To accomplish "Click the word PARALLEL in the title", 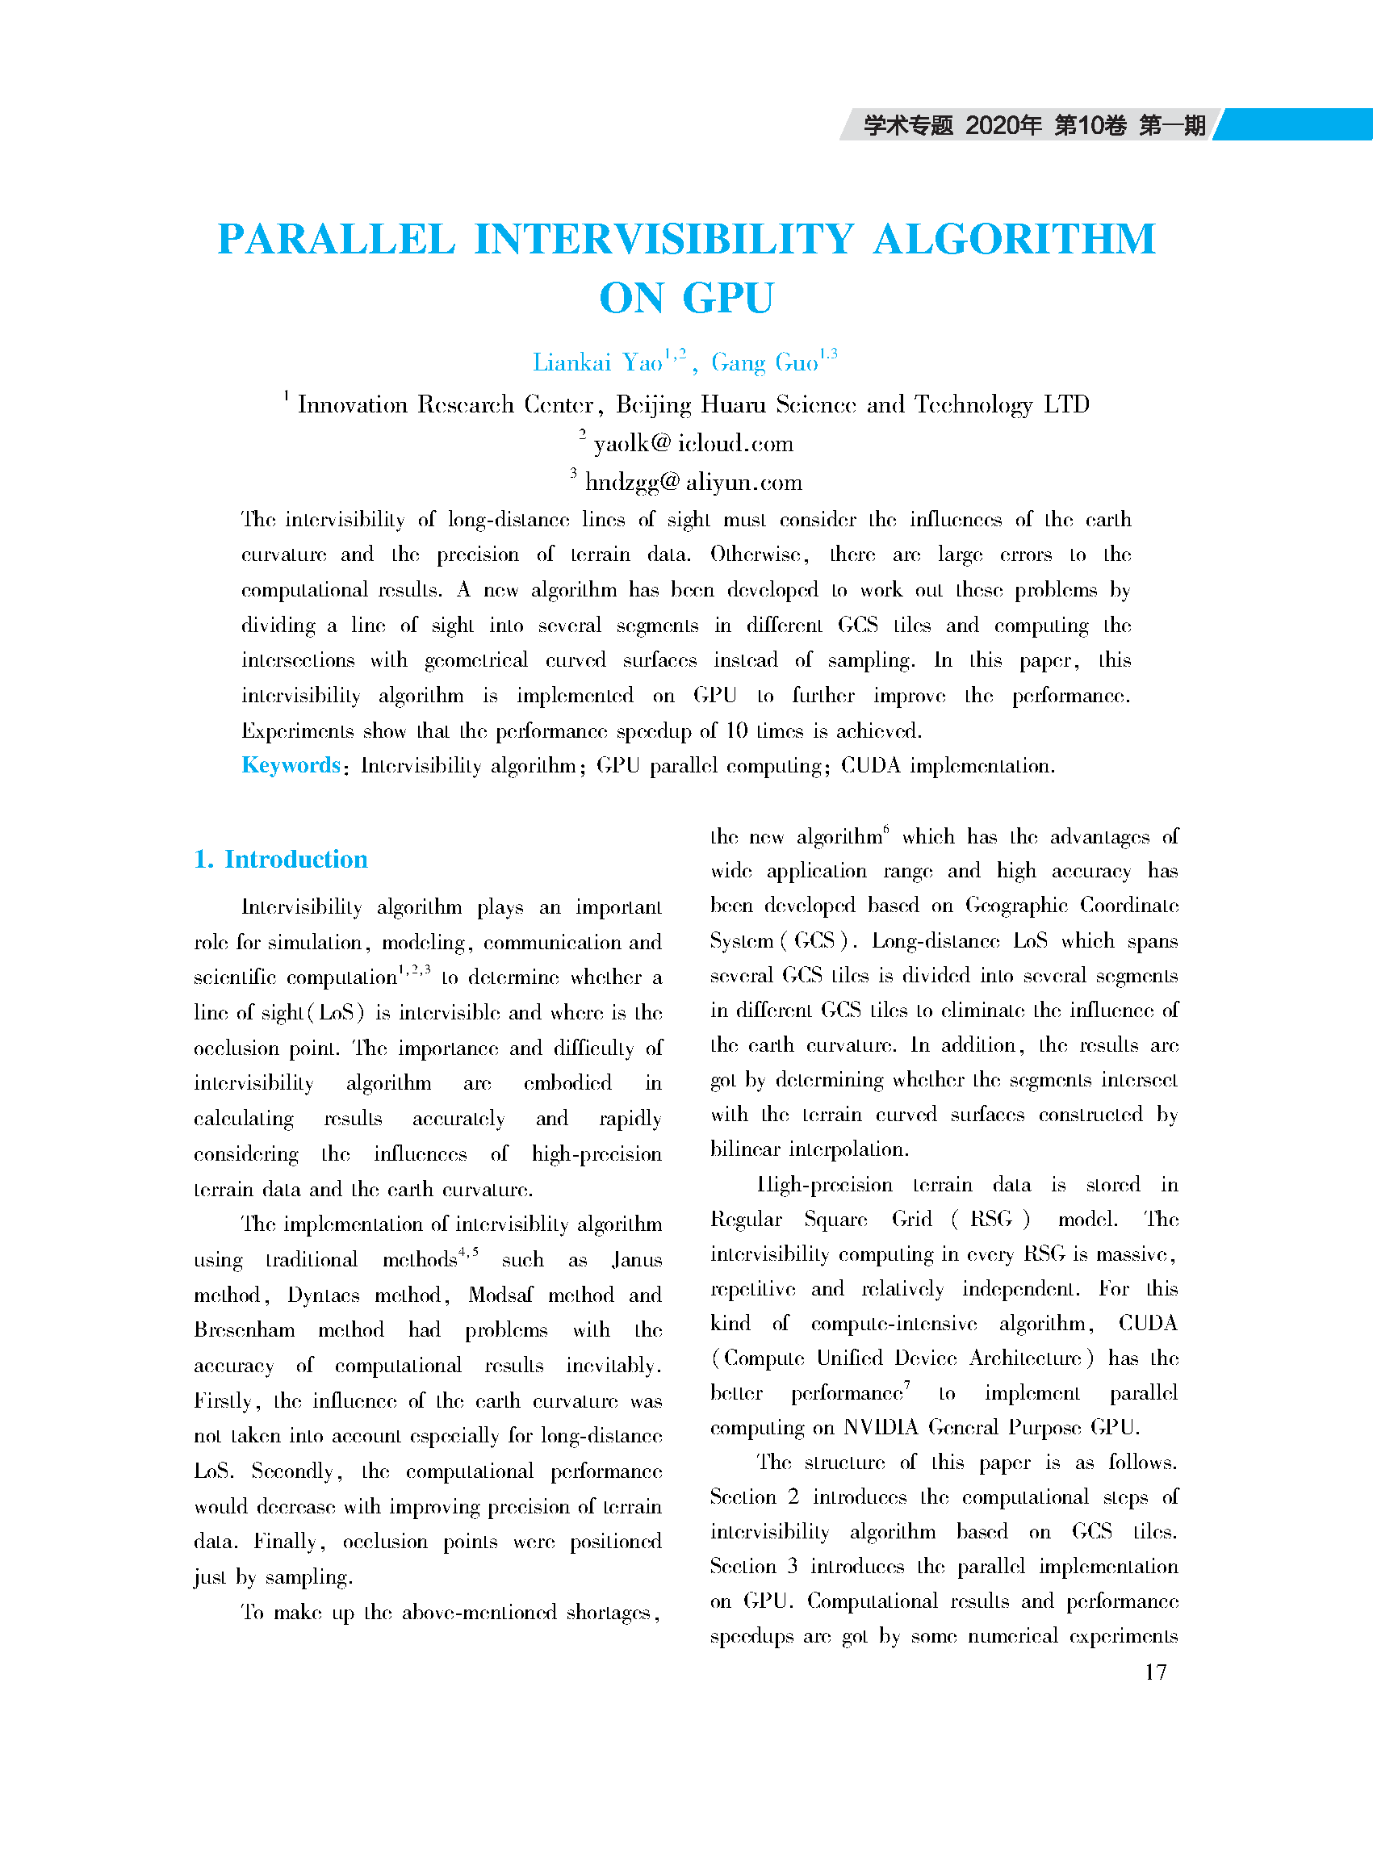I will pyautogui.click(x=336, y=240).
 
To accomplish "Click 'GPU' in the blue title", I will pyautogui.click(x=728, y=299).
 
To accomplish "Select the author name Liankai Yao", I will pyautogui.click(x=597, y=362).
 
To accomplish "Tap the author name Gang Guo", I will pyautogui.click(x=764, y=362).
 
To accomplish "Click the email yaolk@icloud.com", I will pyautogui.click(x=693, y=444).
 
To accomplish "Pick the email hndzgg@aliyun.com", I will pyautogui.click(x=693, y=483).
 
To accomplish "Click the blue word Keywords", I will pyautogui.click(x=291, y=765).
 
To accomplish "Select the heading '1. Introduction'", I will pyautogui.click(x=281, y=860).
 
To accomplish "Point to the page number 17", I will pyautogui.click(x=1155, y=1672).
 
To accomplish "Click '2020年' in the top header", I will pyautogui.click(x=1003, y=125).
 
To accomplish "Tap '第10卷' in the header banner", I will pyautogui.click(x=1090, y=125).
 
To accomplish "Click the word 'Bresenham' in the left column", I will pyautogui.click(x=245, y=1330).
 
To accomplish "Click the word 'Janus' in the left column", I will pyautogui.click(x=637, y=1260).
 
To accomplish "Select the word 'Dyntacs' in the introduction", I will pyautogui.click(x=324, y=1295).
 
